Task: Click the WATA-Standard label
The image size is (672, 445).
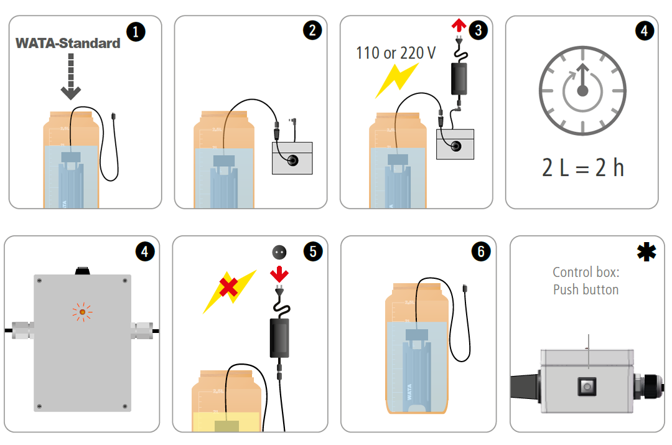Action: click(68, 43)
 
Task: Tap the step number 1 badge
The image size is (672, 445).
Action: click(135, 32)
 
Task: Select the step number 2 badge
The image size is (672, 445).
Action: click(312, 30)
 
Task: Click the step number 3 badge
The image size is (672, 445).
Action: click(477, 30)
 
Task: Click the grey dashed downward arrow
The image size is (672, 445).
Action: click(71, 77)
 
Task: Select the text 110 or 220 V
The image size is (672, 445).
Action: click(396, 53)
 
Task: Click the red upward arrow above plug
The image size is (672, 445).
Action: click(458, 25)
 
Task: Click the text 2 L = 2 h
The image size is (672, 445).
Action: click(582, 167)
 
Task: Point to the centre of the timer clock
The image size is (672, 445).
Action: click(582, 91)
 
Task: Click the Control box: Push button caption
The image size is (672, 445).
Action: click(586, 281)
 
